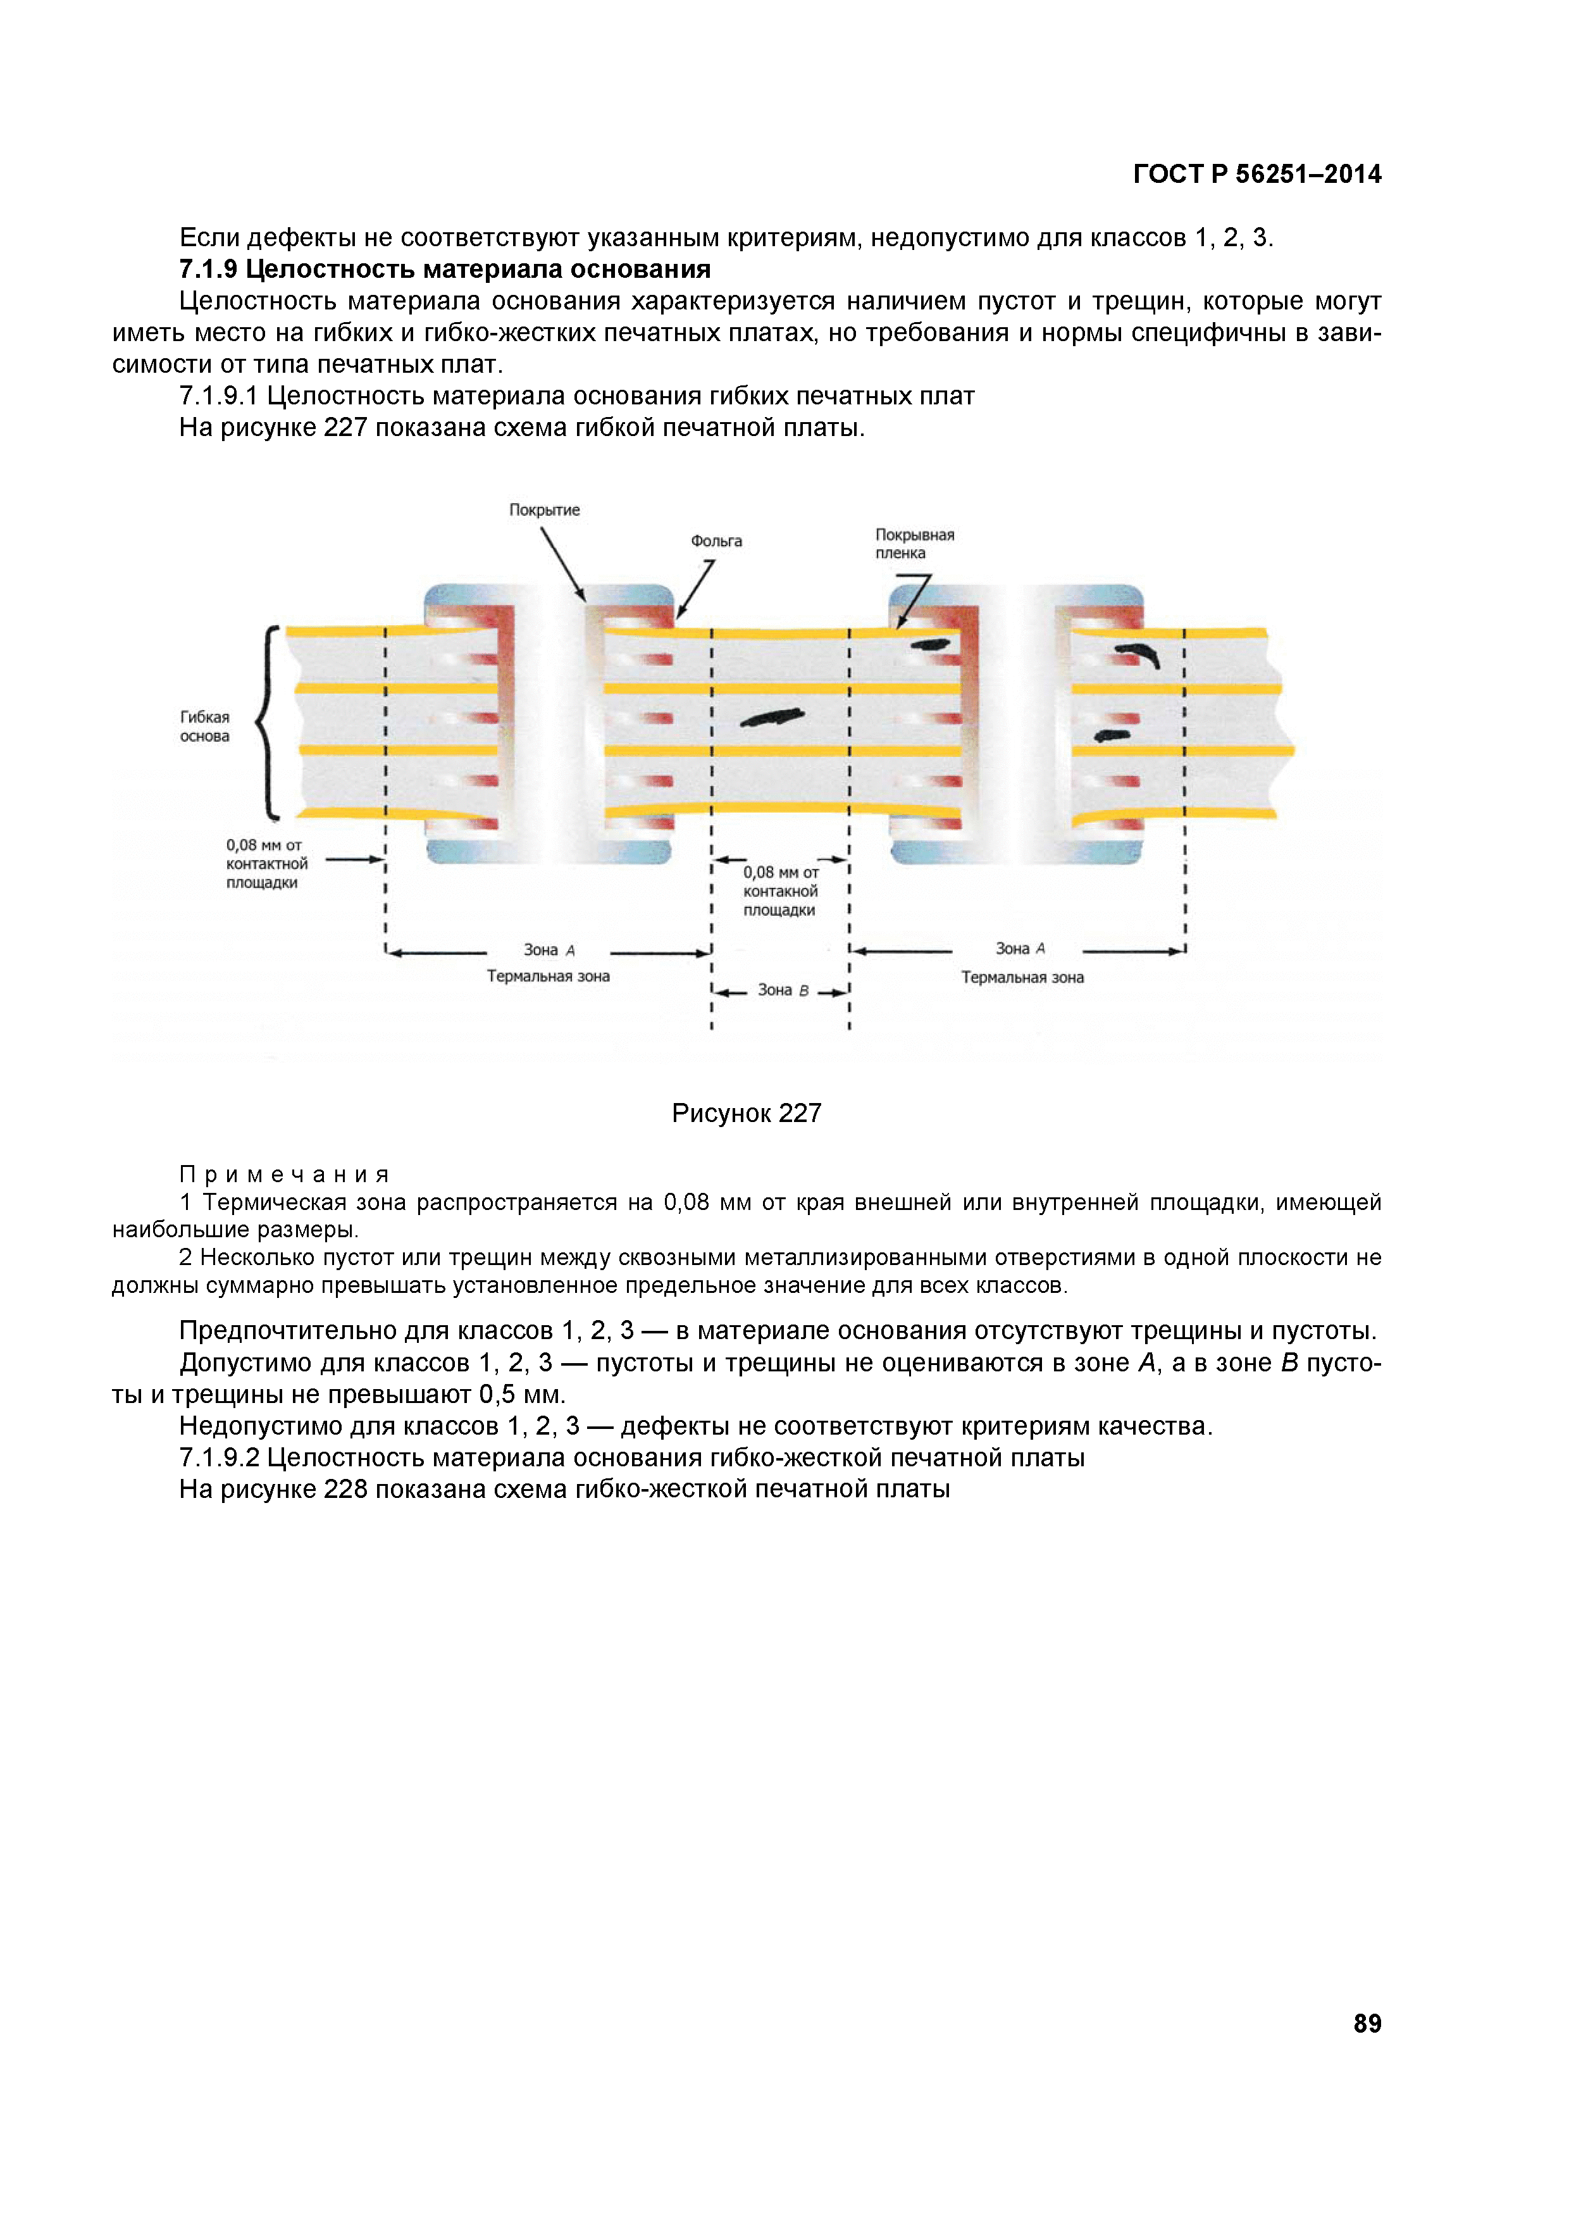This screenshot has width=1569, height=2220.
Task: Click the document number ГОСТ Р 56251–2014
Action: coord(1256,174)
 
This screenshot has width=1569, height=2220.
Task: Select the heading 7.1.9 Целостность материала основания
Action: coord(445,269)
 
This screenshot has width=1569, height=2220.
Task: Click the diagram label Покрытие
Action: coord(544,509)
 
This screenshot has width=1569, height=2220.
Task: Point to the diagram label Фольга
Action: coord(716,540)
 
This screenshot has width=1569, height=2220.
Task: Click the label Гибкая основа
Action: coord(205,726)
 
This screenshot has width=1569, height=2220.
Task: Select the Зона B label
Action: coord(782,990)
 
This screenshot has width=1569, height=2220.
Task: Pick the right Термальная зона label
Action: coord(1022,978)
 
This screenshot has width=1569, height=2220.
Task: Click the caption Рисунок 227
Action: coord(747,1113)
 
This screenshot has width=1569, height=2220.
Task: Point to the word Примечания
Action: coord(284,1175)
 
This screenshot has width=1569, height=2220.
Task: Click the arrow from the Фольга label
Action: coord(695,589)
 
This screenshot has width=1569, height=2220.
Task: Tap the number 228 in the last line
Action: coord(345,1489)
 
